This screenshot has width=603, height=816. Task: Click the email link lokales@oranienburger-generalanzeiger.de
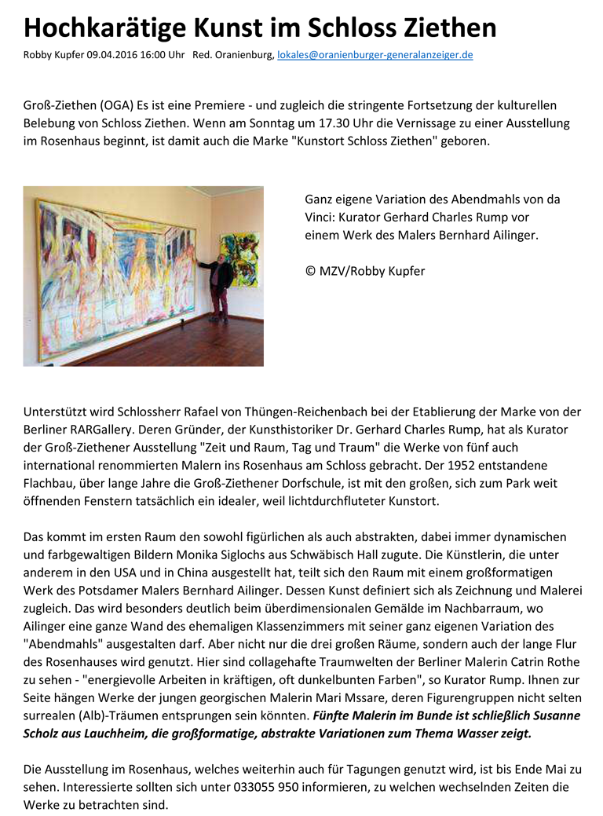coord(375,56)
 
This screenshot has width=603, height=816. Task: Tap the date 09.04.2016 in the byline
coord(94,56)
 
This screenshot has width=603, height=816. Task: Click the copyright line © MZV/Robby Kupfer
coord(364,271)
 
